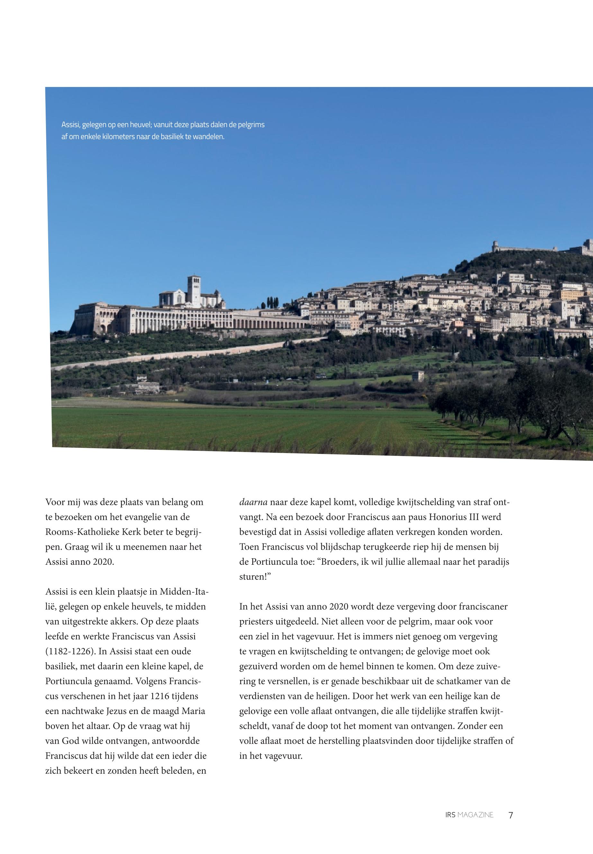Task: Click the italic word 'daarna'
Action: click(x=253, y=502)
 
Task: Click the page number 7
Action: click(x=510, y=815)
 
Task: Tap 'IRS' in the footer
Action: click(x=450, y=815)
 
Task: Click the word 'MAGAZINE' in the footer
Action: click(x=476, y=815)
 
